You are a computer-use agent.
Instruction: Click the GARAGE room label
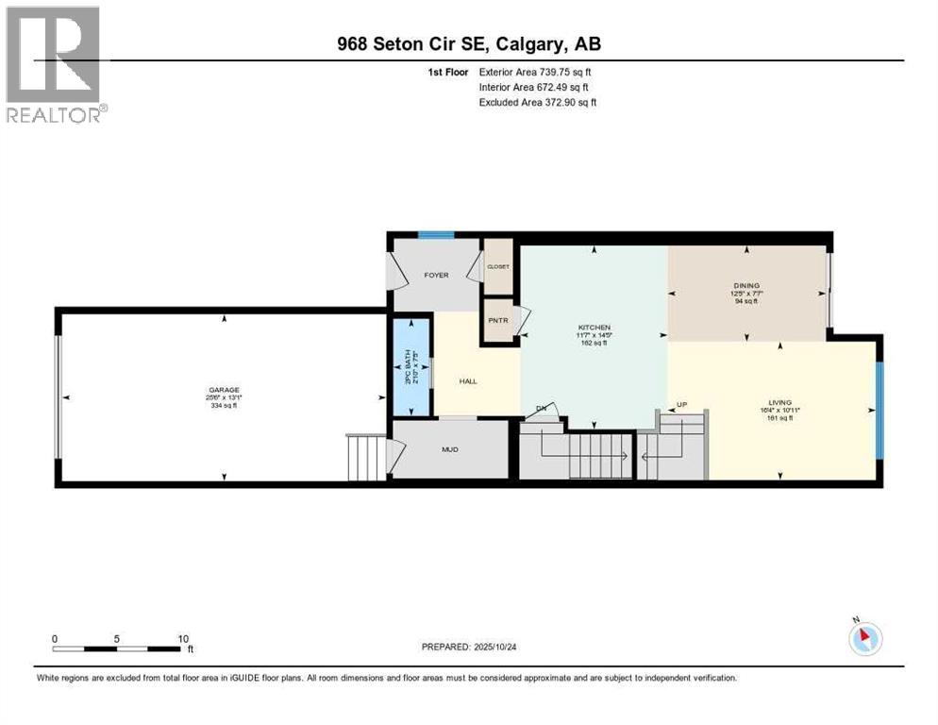pyautogui.click(x=224, y=390)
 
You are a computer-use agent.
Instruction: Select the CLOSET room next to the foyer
pyautogui.click(x=497, y=266)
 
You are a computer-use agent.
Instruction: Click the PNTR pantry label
pyautogui.click(x=496, y=319)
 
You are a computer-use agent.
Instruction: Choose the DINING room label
pyautogui.click(x=746, y=285)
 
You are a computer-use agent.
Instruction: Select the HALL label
pyautogui.click(x=468, y=381)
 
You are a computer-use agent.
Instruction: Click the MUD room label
pyautogui.click(x=450, y=449)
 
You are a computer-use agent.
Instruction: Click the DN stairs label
pyautogui.click(x=541, y=408)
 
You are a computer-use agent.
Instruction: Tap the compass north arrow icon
pyautogui.click(x=864, y=637)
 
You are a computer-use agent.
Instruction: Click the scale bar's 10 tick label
pyautogui.click(x=183, y=638)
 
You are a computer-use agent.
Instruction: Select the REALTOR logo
pyautogui.click(x=56, y=65)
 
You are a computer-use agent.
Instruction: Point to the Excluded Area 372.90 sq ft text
pyautogui.click(x=538, y=102)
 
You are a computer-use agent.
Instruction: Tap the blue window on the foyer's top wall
pyautogui.click(x=436, y=235)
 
